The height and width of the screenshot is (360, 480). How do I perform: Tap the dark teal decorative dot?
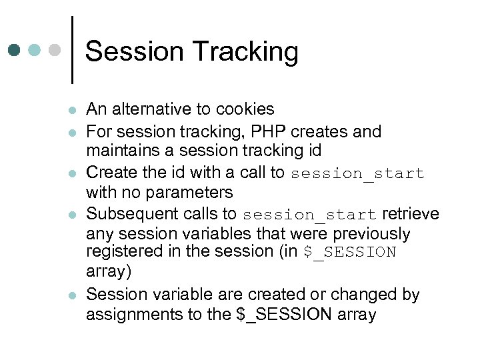click(x=15, y=50)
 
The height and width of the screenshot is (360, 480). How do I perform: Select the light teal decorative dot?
click(x=35, y=50)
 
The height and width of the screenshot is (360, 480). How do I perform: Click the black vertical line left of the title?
click(x=72, y=50)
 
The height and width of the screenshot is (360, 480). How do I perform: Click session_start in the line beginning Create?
click(x=357, y=173)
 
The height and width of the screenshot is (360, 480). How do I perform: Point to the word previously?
click(x=371, y=234)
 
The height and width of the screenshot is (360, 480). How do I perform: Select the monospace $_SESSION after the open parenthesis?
click(x=349, y=253)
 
